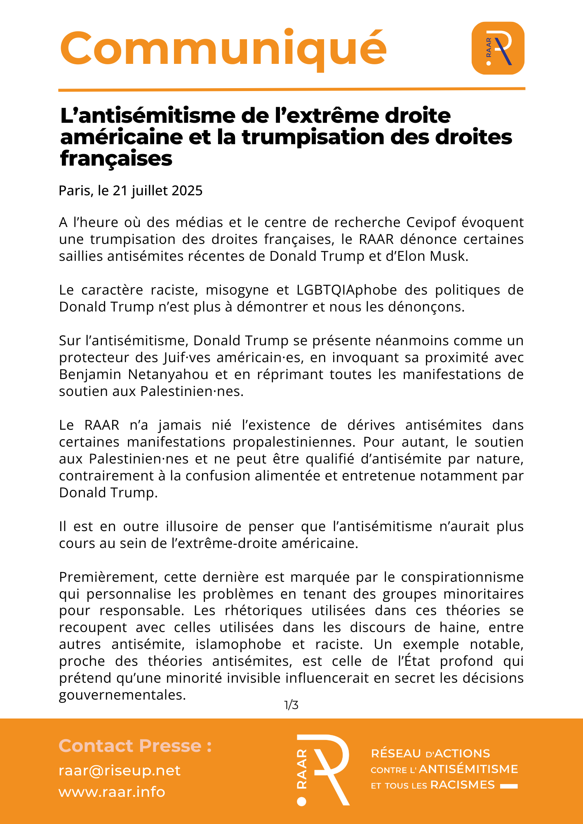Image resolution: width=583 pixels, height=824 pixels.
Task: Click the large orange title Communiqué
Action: (x=223, y=49)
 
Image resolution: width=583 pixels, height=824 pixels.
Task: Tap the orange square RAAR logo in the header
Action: (x=498, y=48)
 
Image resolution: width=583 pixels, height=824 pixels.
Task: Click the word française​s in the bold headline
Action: (x=116, y=159)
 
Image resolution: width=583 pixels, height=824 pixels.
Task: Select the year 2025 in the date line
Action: (x=187, y=191)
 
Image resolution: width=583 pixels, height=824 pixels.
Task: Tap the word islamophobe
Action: (x=238, y=644)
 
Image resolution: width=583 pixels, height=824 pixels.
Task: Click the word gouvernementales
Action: (x=122, y=695)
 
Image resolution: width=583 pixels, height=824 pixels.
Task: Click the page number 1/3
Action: (x=291, y=705)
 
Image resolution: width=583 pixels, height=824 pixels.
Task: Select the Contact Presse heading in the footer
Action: (x=135, y=746)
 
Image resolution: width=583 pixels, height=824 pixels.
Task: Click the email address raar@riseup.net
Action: (x=120, y=770)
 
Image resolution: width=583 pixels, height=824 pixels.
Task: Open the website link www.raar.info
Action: (x=112, y=792)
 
